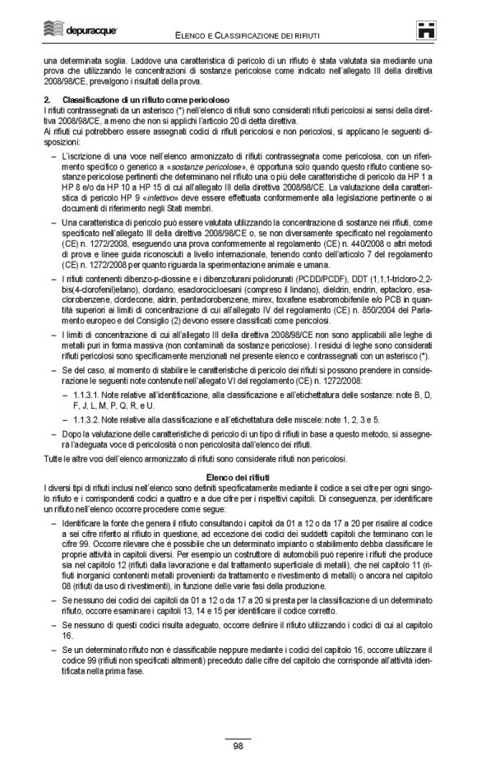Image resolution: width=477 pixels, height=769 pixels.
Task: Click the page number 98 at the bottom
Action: (x=238, y=746)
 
